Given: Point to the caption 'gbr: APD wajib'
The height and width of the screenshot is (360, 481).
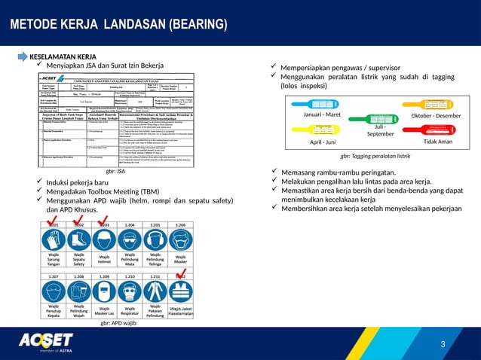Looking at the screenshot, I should pos(118,322).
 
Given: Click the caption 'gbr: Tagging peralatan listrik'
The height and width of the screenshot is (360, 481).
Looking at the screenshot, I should pos(375,156).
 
